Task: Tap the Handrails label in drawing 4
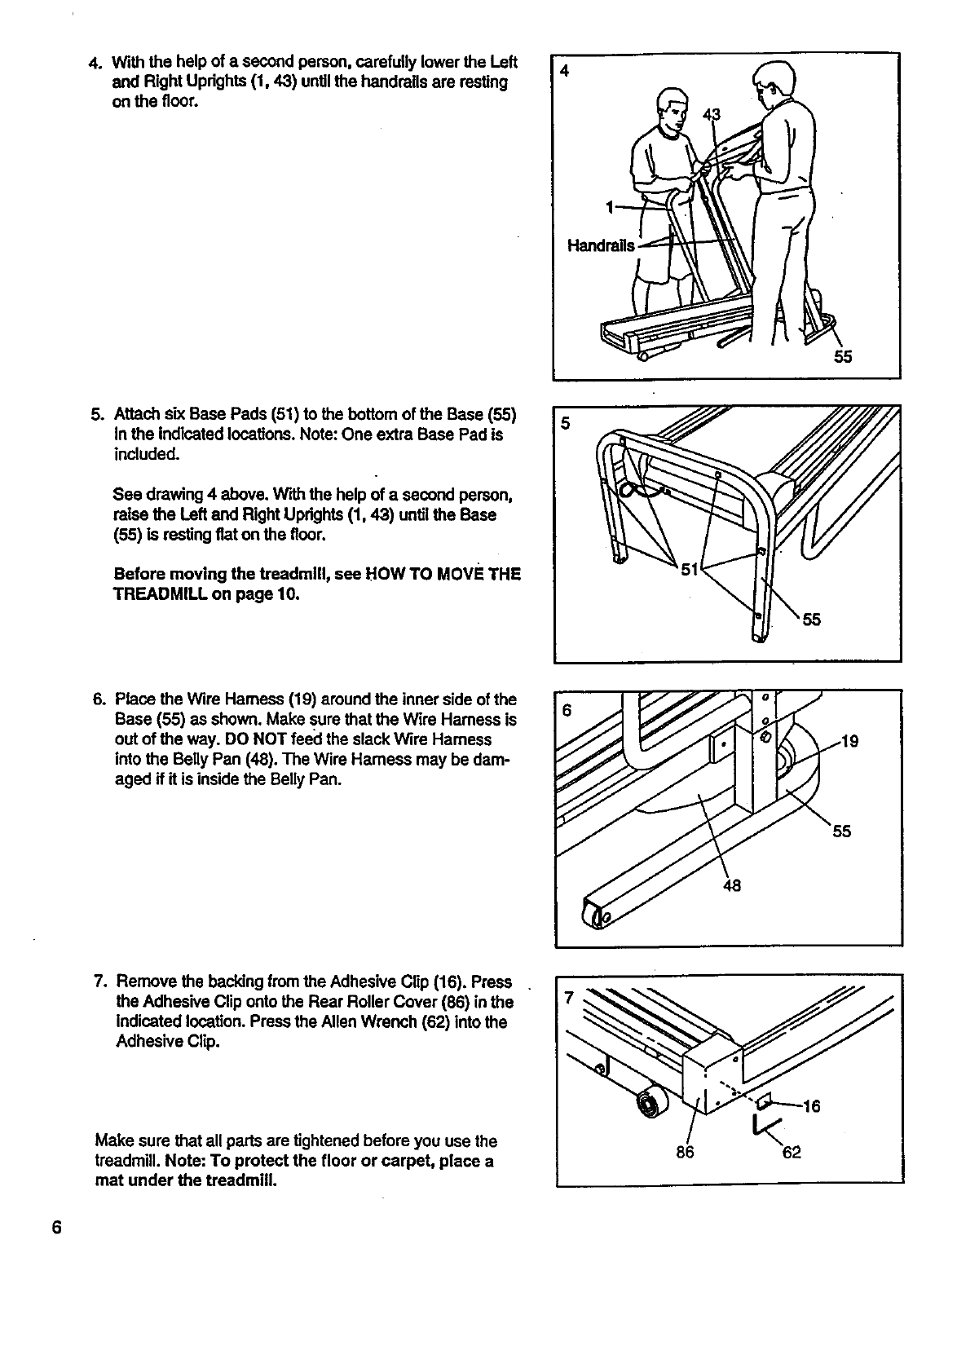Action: click(x=602, y=245)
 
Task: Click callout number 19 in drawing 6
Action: click(x=849, y=741)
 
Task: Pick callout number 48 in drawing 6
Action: click(x=731, y=886)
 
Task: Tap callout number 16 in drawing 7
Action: click(x=811, y=1106)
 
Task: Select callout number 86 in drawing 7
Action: click(x=685, y=1152)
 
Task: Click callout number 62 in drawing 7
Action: click(x=792, y=1152)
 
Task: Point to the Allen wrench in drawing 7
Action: click(x=759, y=1127)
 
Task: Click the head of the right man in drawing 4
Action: click(x=771, y=82)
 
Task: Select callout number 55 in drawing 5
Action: click(x=810, y=620)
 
